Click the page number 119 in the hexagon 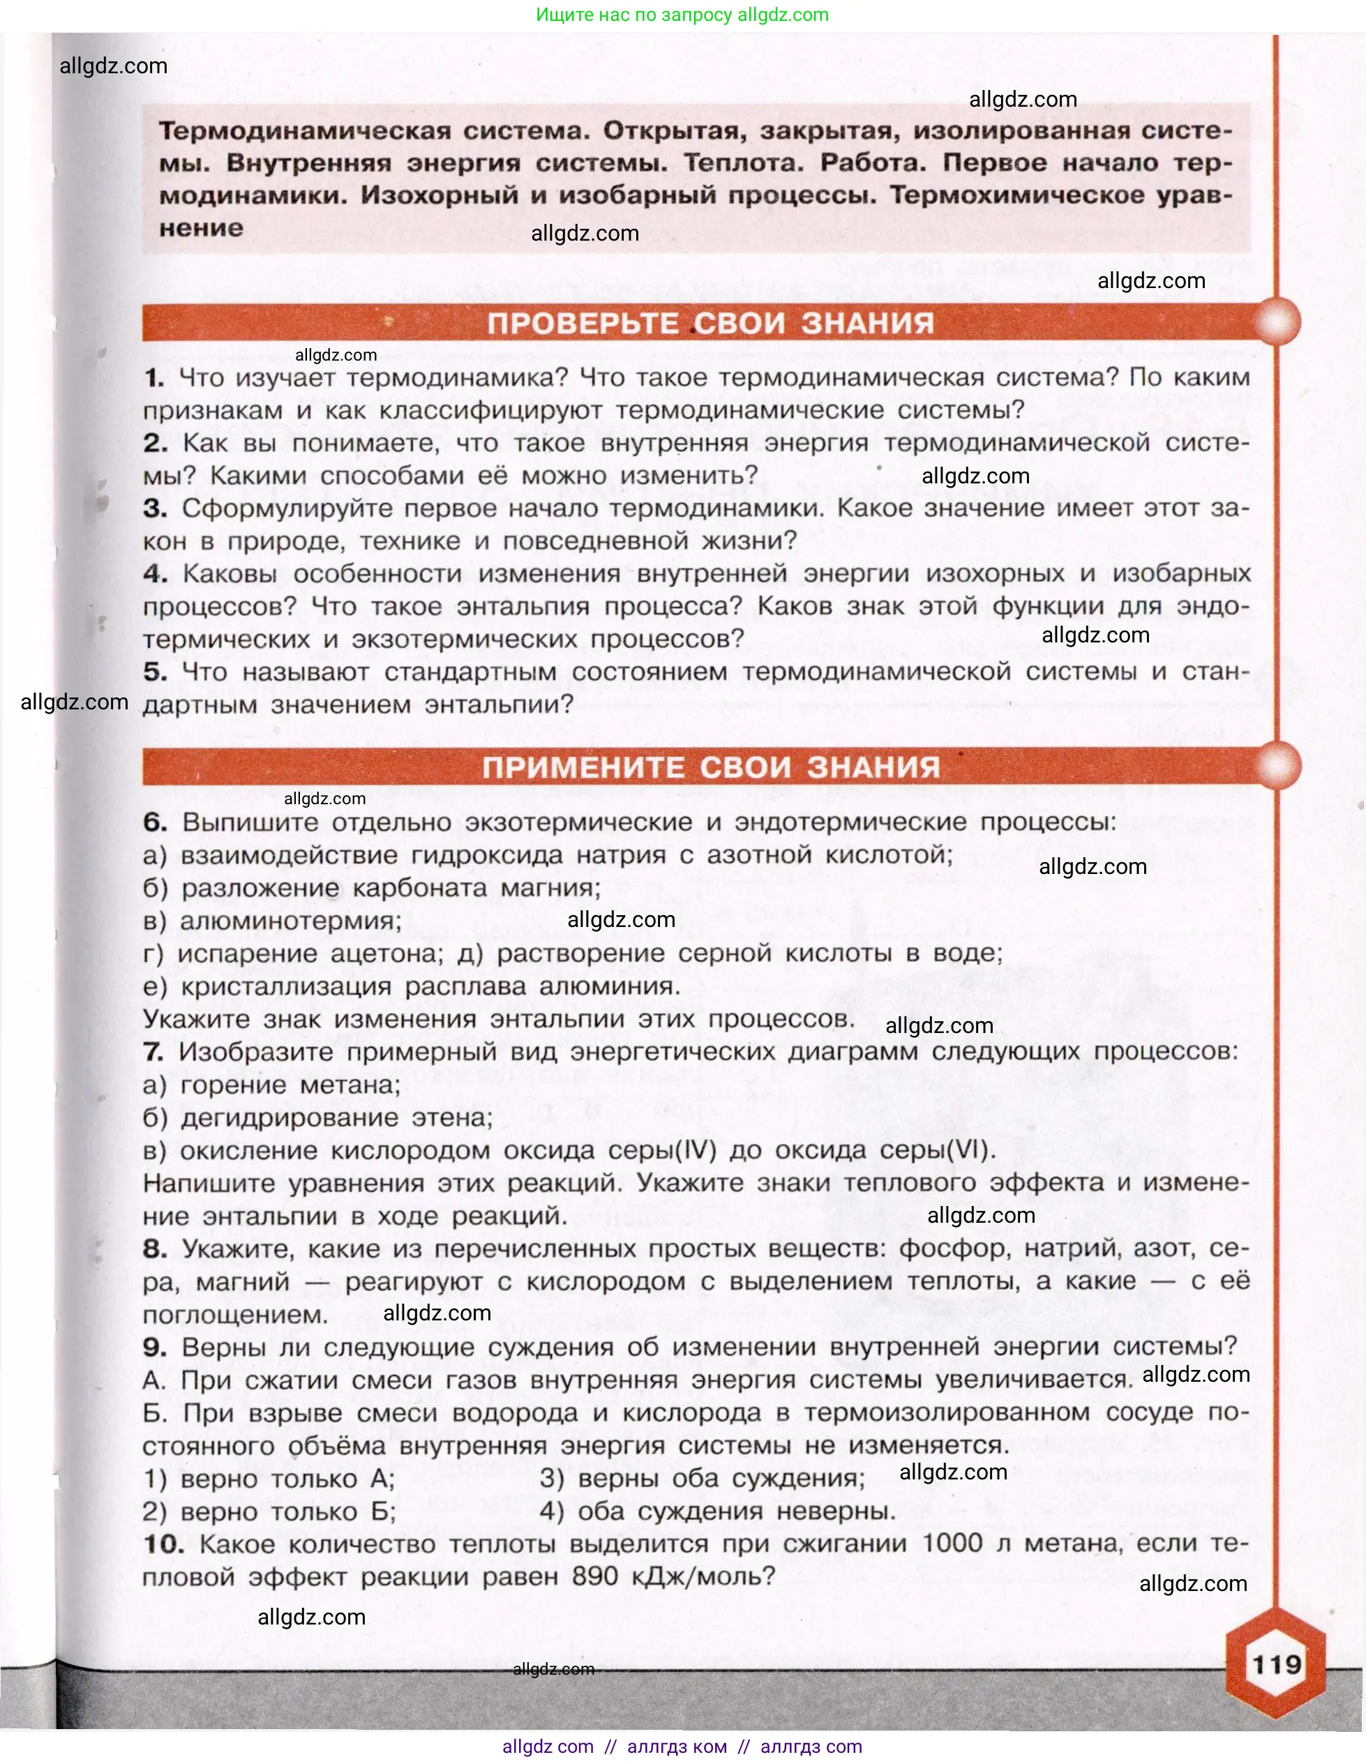(x=1276, y=1665)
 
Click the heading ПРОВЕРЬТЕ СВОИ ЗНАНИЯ (x=710, y=323)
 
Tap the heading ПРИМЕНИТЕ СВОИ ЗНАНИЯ (x=711, y=767)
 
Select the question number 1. (x=154, y=377)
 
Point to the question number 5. (x=155, y=671)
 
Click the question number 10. (x=163, y=1544)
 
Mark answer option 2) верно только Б (x=269, y=1512)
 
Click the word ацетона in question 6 (x=387, y=954)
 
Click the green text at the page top (x=682, y=15)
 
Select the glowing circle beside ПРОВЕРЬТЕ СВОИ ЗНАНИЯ (x=1275, y=322)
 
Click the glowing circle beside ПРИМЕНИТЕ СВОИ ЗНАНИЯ (x=1275, y=764)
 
